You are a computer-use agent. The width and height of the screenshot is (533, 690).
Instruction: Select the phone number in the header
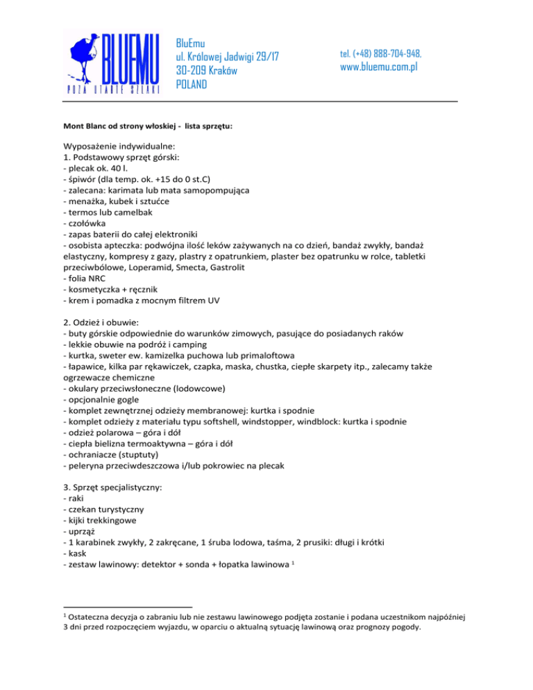tap(381, 53)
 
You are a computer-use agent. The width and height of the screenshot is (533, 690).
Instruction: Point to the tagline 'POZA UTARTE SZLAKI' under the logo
tap(113, 89)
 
